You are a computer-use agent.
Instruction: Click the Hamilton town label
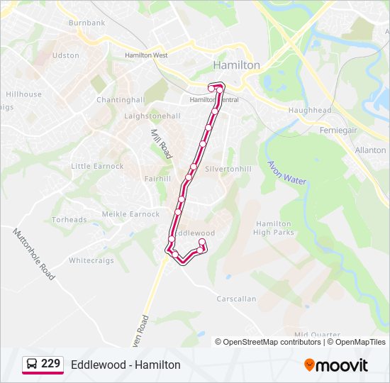tap(236, 65)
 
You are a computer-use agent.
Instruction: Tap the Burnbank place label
tap(87, 23)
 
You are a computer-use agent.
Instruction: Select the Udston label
tap(65, 55)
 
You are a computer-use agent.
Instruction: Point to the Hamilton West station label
tap(146, 55)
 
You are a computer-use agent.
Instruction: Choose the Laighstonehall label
tap(152, 116)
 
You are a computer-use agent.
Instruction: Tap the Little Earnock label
tap(97, 166)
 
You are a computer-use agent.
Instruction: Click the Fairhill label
tap(157, 179)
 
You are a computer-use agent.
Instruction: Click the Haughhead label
tap(309, 111)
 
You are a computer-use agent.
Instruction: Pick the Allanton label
tap(370, 150)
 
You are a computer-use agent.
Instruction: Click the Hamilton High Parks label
tap(273, 228)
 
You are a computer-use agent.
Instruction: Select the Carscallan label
tap(236, 299)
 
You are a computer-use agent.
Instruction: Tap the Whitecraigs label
tap(91, 260)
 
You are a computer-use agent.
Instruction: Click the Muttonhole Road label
tap(33, 253)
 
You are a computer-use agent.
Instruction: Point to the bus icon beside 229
tap(32, 364)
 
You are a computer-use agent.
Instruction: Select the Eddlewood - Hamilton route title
tap(126, 365)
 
